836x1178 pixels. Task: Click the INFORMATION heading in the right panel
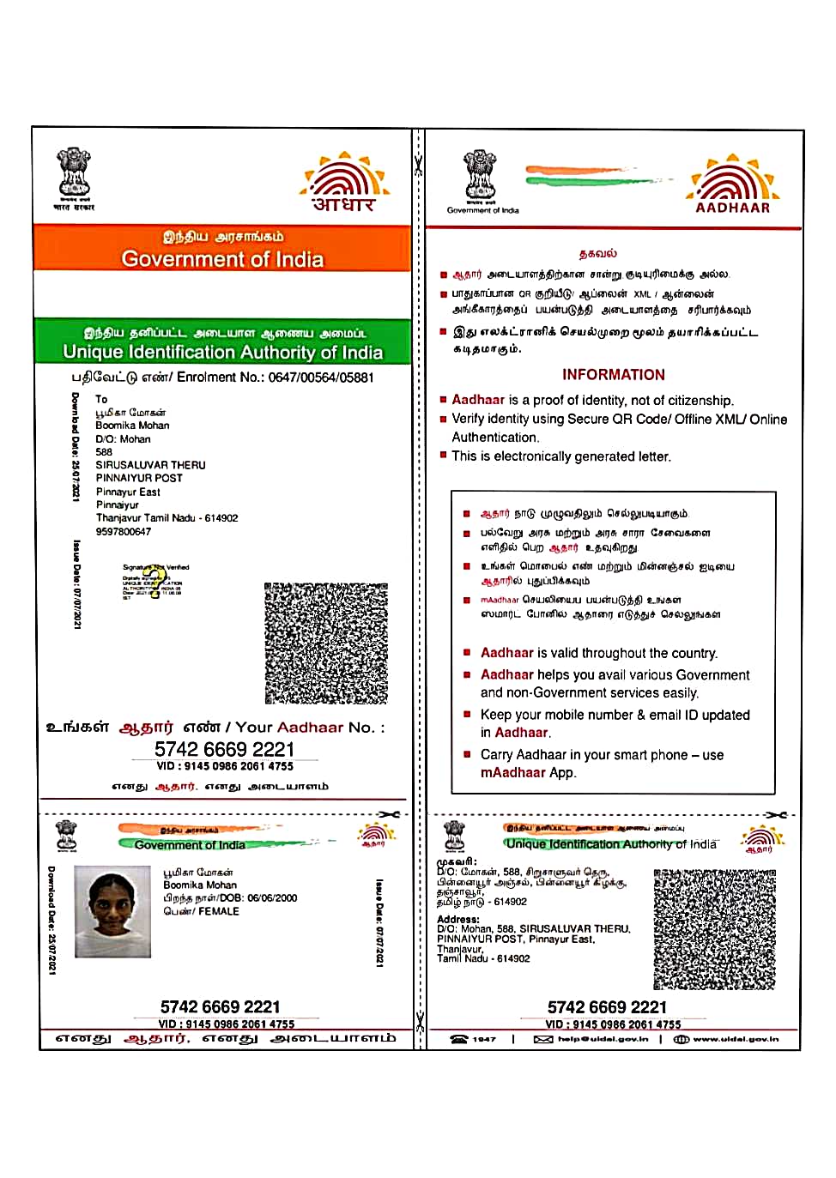(613, 375)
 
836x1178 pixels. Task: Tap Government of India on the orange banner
(222, 259)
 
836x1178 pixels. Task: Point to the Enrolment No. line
(222, 378)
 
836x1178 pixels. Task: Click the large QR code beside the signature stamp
(325, 643)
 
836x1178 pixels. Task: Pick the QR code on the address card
(714, 929)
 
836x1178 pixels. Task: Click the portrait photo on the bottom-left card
(112, 911)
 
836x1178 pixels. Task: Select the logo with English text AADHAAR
(732, 185)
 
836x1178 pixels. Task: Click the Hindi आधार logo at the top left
(345, 184)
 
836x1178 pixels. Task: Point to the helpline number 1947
(484, 1039)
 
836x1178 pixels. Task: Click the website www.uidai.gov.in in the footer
(736, 1039)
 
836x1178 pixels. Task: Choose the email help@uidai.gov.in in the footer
(603, 1039)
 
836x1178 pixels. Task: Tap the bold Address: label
(458, 919)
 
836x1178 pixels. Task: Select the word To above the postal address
(101, 399)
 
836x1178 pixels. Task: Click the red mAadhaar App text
(527, 773)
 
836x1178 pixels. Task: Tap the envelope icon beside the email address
(542, 1039)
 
